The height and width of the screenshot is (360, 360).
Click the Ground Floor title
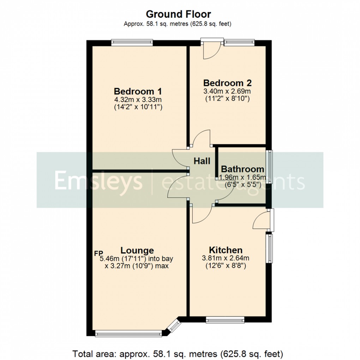click(x=178, y=14)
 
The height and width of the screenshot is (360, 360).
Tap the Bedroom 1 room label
click(x=136, y=91)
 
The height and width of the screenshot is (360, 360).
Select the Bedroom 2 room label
click(x=228, y=83)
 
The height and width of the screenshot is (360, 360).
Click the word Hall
click(x=202, y=161)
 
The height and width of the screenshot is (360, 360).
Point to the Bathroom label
click(x=242, y=169)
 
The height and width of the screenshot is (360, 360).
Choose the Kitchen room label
click(x=226, y=250)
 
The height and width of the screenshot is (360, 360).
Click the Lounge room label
click(x=137, y=250)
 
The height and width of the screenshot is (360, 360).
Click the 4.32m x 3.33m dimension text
click(x=136, y=100)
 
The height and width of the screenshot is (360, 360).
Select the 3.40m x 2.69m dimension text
click(x=228, y=91)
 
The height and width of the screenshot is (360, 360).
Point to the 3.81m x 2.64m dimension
click(x=226, y=258)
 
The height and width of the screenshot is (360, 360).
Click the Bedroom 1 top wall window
click(x=132, y=43)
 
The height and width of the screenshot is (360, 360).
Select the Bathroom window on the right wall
click(x=269, y=167)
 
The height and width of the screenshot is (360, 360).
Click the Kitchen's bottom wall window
click(x=225, y=320)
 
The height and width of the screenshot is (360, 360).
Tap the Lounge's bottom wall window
click(x=129, y=333)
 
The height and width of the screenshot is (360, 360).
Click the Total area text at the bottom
click(x=178, y=353)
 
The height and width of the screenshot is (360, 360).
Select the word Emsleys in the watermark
click(x=98, y=181)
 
